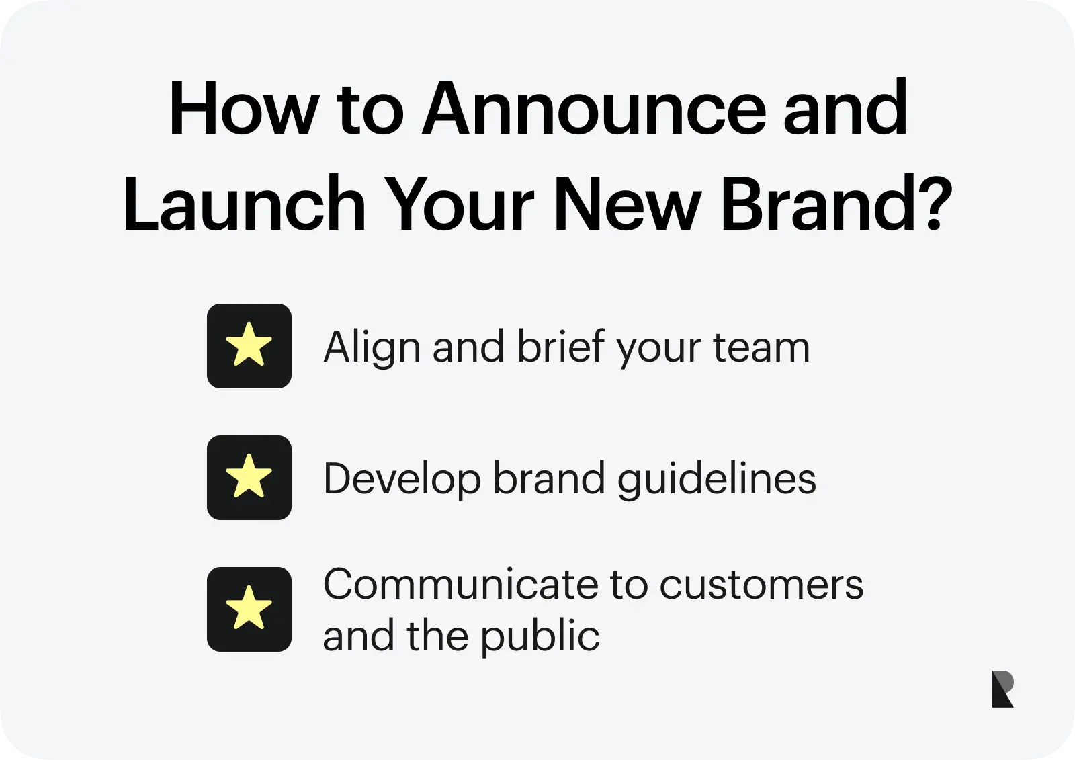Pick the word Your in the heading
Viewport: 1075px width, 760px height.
tap(460, 204)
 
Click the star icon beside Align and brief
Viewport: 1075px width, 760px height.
tap(249, 345)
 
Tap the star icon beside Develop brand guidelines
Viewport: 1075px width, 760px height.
tap(249, 477)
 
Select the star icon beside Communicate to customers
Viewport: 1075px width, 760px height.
tap(249, 609)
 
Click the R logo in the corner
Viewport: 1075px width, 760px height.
tap(1002, 689)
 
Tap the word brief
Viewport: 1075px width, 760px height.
tap(561, 346)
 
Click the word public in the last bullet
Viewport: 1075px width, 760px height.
tap(540, 638)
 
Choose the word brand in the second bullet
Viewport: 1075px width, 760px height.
tap(550, 478)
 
